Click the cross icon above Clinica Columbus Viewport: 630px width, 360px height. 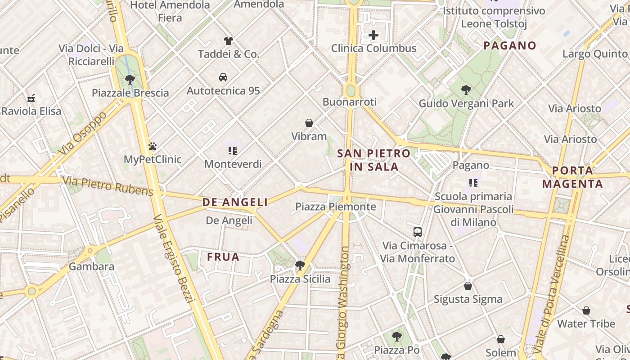(x=373, y=35)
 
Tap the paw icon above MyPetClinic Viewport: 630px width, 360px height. (x=153, y=146)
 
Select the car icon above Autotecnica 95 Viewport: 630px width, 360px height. (x=223, y=77)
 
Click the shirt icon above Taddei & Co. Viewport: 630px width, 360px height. (x=229, y=41)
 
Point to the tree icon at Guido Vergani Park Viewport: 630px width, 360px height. (x=466, y=90)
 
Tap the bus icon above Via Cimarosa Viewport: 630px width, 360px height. (x=418, y=232)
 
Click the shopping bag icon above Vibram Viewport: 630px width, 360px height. (x=309, y=123)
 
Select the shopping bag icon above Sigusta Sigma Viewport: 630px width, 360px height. (x=468, y=286)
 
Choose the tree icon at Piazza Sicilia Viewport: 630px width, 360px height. (x=300, y=265)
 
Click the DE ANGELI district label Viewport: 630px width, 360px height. (x=235, y=202)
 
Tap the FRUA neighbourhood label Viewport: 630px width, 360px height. (x=223, y=257)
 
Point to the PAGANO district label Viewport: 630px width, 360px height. (x=510, y=45)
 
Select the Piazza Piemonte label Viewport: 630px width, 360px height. (x=335, y=207)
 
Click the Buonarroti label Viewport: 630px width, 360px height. (x=350, y=102)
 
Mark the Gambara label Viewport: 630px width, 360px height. (x=91, y=266)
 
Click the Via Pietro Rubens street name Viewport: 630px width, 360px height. (x=108, y=186)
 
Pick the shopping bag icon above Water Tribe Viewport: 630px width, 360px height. (x=586, y=310)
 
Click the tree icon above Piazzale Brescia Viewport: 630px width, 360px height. (x=130, y=80)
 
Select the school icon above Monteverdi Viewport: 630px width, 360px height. (x=233, y=150)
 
